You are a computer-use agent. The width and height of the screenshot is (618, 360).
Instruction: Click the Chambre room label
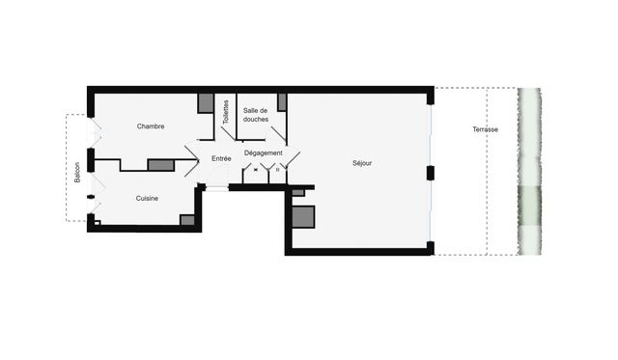pos(151,126)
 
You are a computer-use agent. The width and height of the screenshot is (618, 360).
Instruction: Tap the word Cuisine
pos(147,198)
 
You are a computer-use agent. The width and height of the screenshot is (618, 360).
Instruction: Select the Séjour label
pos(362,163)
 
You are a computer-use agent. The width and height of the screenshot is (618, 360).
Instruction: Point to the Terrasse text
pos(486,129)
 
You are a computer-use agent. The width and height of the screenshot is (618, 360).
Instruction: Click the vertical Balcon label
pos(78,172)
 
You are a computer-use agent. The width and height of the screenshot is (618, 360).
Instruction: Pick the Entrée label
pos(221,157)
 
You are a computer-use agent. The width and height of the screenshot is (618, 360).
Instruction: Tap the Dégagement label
pos(263,152)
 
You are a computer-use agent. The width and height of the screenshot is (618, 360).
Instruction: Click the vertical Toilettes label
pos(226,114)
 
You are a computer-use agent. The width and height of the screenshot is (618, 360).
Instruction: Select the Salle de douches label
pos(256,115)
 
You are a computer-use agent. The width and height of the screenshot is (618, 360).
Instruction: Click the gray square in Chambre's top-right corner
pos(206,103)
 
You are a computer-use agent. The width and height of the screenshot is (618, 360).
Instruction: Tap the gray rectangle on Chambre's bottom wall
pos(160,165)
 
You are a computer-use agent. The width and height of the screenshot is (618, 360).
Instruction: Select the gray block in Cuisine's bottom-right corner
pos(187,220)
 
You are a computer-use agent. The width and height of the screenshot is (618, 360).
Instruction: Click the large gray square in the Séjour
pos(303,217)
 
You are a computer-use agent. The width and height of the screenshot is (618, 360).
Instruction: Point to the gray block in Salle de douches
pos(282,102)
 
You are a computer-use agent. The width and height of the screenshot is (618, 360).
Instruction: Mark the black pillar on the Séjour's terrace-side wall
pos(431,173)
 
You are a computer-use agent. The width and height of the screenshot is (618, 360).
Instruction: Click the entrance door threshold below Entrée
pos(217,188)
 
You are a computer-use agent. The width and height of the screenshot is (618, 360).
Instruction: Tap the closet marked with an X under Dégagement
pos(255,170)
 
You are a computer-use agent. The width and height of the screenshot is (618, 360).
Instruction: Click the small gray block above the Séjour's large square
pos(298,192)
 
